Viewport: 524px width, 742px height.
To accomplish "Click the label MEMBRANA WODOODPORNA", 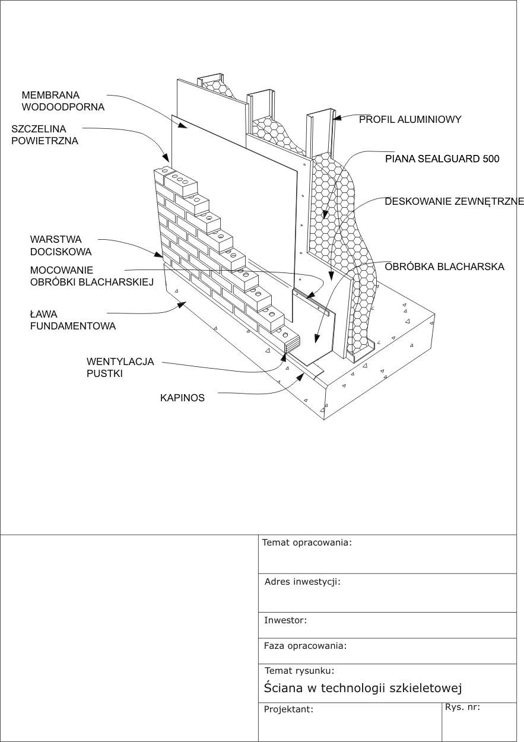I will point(63,101).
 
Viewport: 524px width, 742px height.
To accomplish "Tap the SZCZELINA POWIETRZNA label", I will point(45,135).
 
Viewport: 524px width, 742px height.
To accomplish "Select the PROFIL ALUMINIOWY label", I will point(410,119).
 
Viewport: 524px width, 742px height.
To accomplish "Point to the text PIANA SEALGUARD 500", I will point(442,158).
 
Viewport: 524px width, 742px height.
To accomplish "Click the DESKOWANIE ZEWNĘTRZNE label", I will point(454,202).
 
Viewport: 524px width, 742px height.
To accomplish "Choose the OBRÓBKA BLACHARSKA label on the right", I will point(444,267).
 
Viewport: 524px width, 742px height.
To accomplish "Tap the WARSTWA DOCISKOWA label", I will point(61,246).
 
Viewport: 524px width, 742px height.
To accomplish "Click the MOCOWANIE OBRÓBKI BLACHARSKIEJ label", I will point(91,276).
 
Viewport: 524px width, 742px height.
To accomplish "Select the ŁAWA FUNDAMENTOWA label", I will point(72,320).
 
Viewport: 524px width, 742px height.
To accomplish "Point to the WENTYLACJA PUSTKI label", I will point(120,367).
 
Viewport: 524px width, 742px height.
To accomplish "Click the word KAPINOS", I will point(182,398).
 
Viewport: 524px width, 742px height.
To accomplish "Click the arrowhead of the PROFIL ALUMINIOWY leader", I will point(336,118).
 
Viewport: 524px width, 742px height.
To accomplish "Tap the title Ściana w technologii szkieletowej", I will point(363,688).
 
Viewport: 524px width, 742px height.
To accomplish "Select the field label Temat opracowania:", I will point(307,542).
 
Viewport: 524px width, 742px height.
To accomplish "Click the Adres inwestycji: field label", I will point(302,582).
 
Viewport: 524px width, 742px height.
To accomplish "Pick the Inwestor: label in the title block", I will point(285,620).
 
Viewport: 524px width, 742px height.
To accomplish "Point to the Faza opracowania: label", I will point(305,646).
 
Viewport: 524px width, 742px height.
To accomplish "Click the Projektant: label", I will point(288,709).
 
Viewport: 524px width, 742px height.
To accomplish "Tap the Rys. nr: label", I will point(462,707).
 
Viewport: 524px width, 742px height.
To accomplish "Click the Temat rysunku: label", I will point(299,671).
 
